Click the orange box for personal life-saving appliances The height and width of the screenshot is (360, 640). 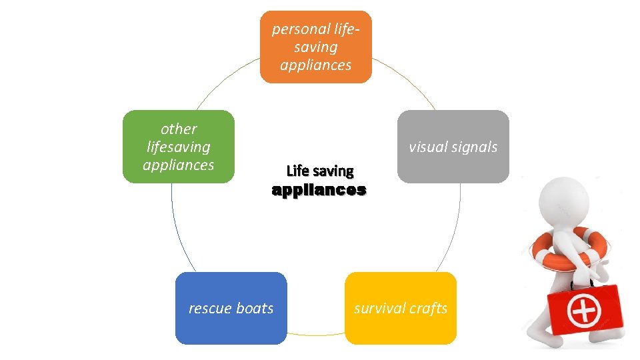pos(315,47)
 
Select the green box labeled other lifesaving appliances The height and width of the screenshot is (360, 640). pos(179,147)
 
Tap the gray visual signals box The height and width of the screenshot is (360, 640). pos(453,147)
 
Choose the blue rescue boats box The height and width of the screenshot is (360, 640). pos(231,308)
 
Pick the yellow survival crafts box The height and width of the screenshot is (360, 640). pos(401,308)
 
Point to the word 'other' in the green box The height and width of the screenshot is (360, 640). pos(179,129)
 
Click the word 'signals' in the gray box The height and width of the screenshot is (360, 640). pos(473,147)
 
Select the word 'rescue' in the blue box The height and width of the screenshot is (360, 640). pos(209,308)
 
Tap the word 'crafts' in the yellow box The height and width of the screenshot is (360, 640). pos(427,308)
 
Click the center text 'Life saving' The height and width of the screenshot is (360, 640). pos(319,171)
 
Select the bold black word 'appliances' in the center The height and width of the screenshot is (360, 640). pos(319,190)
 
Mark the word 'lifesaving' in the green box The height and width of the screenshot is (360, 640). pos(178,147)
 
